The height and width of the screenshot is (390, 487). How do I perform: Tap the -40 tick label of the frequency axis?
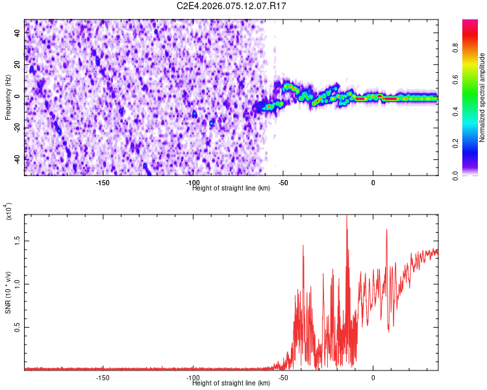pyautogui.click(x=17, y=159)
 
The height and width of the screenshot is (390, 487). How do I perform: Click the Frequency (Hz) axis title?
pyautogui.click(x=8, y=97)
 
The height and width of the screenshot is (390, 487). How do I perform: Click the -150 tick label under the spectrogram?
pyautogui.click(x=102, y=182)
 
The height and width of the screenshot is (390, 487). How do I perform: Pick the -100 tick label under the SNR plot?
pyautogui.click(x=192, y=377)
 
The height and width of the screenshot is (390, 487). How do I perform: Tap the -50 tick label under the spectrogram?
pyautogui.click(x=283, y=182)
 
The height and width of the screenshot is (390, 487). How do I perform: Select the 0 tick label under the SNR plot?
pyautogui.click(x=373, y=377)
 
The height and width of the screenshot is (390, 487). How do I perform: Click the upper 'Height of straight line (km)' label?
pyautogui.click(x=231, y=188)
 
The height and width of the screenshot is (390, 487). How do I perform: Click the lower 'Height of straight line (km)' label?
pyautogui.click(x=231, y=383)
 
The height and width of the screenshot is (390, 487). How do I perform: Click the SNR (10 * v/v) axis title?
pyautogui.click(x=8, y=292)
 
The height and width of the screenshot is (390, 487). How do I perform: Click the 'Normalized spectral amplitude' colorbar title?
pyautogui.click(x=482, y=97)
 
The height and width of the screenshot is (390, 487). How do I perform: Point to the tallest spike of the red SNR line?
pyautogui.click(x=347, y=216)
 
